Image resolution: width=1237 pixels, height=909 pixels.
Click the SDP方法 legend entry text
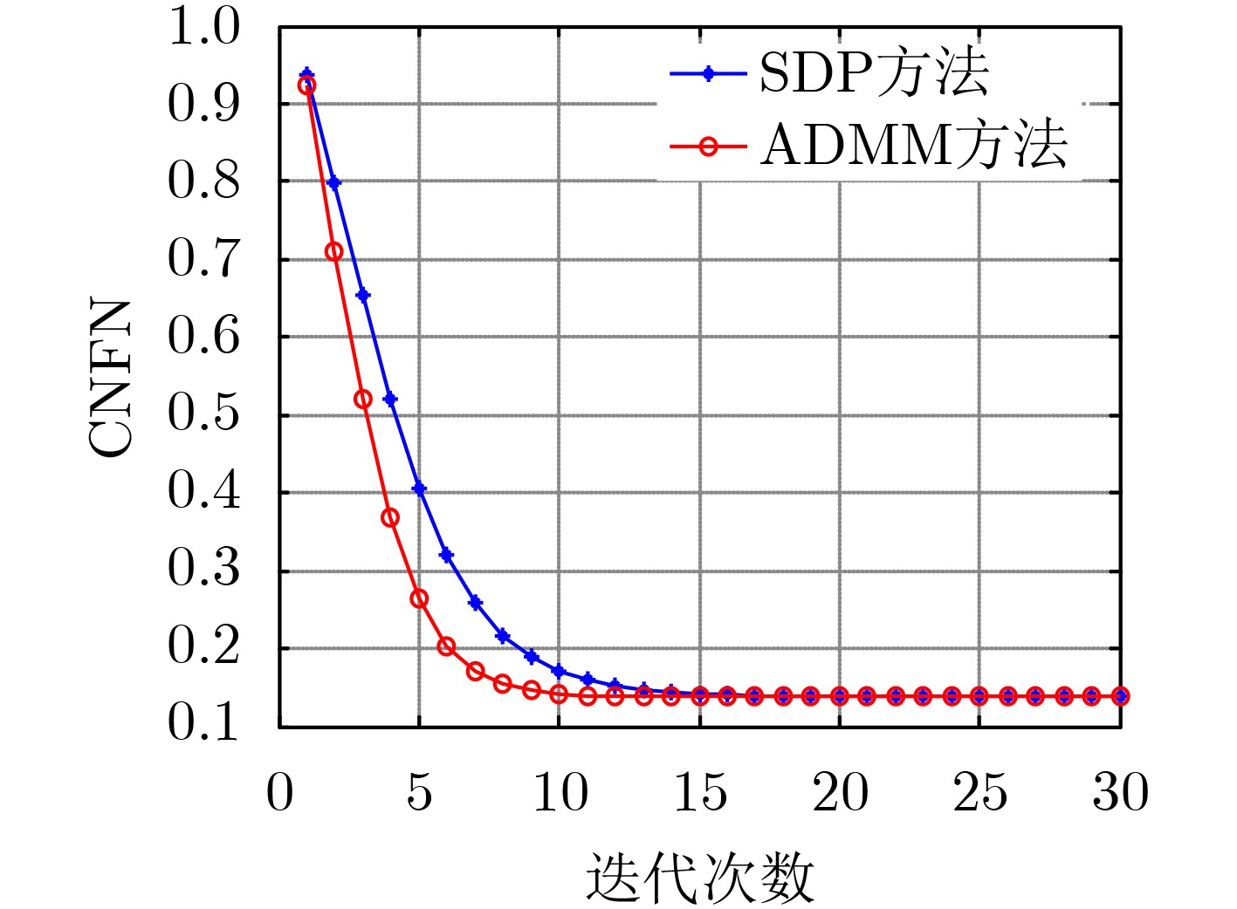874,74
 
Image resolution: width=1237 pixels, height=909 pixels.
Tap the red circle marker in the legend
708,147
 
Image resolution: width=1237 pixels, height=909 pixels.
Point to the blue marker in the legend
708,73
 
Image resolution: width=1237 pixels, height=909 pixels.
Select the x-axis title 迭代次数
699,878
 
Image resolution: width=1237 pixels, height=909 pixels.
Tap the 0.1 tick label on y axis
203,722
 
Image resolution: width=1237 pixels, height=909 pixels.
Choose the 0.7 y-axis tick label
203,259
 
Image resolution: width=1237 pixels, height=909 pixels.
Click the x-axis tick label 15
700,793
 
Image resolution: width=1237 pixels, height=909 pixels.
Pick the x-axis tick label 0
280,793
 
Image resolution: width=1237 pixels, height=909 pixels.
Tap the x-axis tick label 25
980,793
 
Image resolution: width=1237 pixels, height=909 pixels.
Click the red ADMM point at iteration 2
334,251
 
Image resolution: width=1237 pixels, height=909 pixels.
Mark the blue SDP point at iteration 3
363,296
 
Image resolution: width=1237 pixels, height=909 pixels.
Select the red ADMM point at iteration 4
390,517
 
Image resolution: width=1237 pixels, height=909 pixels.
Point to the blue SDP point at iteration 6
447,555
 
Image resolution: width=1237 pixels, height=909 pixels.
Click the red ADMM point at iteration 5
419,598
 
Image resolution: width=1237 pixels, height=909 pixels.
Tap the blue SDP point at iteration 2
334,182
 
